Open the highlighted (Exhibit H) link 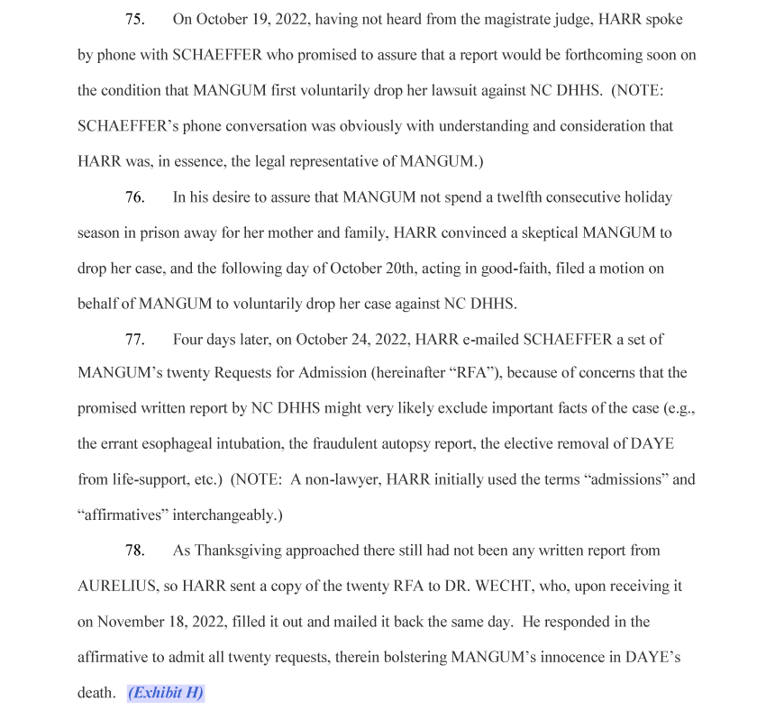point(166,693)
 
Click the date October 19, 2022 point(250,19)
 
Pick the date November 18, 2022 point(161,622)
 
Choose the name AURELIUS point(117,586)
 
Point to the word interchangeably point(214,515)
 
